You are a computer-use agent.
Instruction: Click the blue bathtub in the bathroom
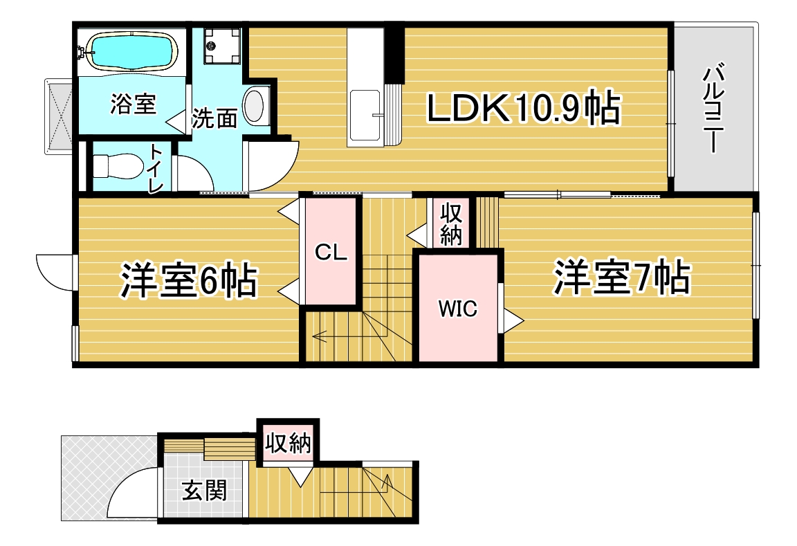click(132, 50)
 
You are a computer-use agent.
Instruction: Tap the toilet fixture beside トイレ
click(118, 165)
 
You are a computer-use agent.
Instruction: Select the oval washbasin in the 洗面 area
click(254, 106)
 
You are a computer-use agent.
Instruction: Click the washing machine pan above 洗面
click(221, 45)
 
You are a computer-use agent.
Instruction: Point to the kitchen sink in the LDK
click(365, 116)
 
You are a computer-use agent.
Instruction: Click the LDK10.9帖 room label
click(524, 108)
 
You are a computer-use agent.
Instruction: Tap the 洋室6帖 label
click(189, 279)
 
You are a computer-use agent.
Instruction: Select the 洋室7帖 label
click(622, 277)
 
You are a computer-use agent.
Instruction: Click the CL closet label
click(331, 252)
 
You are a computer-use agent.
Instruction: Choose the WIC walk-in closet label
click(458, 309)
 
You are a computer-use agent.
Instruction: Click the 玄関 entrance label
click(204, 491)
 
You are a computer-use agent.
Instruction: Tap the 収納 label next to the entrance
click(288, 443)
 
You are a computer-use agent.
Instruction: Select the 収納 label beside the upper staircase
click(451, 224)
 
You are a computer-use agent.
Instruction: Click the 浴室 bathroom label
click(133, 104)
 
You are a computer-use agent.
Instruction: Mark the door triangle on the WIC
click(513, 321)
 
